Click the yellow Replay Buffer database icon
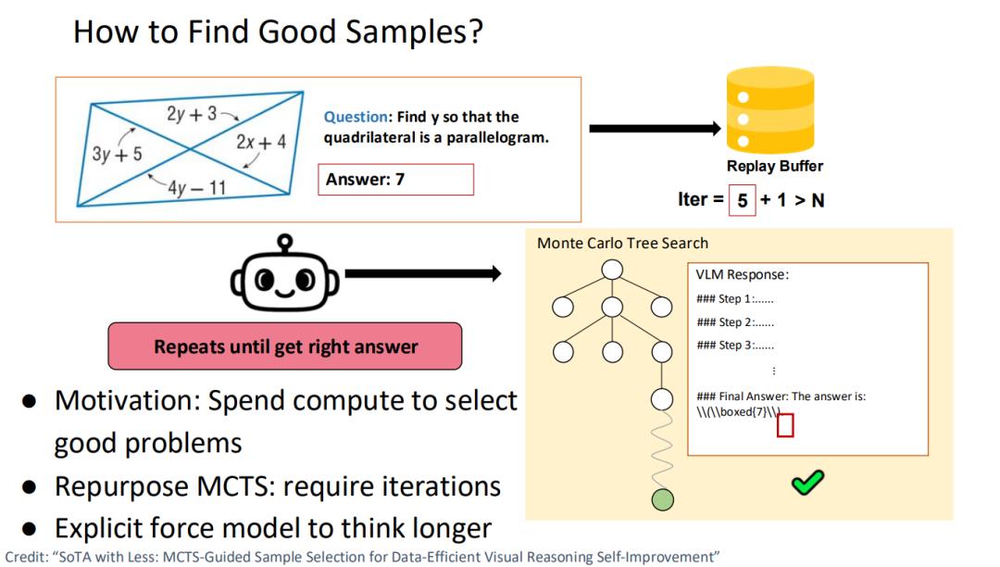click(770, 110)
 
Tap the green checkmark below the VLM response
click(807, 483)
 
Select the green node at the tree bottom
click(663, 499)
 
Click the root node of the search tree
click(612, 270)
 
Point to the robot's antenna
click(284, 243)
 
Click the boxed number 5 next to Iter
click(743, 200)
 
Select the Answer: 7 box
click(396, 179)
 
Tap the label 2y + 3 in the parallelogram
click(192, 114)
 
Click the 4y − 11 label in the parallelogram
click(197, 187)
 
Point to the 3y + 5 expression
click(117, 154)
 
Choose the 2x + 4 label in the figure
click(261, 142)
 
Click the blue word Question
click(356, 117)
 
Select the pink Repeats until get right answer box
click(285, 346)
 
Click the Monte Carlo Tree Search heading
click(622, 243)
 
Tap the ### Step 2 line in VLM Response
click(735, 322)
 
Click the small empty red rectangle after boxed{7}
click(785, 425)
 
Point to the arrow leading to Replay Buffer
click(655, 129)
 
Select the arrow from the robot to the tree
click(423, 273)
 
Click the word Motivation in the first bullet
click(128, 400)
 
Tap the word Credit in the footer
click(27, 557)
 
